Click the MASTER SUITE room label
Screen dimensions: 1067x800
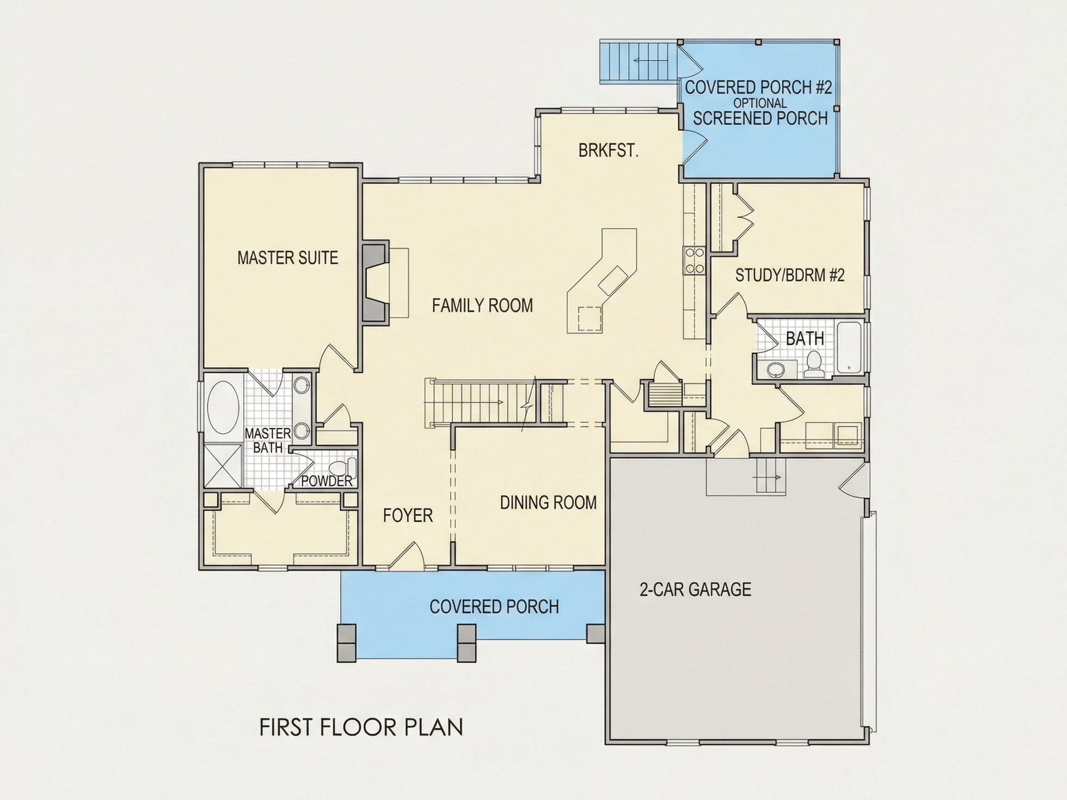(x=288, y=258)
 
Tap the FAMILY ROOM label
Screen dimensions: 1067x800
(x=483, y=306)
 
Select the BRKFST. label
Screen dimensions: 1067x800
(x=608, y=151)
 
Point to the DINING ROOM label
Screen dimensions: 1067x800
(x=548, y=503)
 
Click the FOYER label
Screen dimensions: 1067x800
(x=408, y=516)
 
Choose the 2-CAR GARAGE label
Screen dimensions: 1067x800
(x=695, y=589)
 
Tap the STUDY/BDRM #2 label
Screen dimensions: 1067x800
(x=790, y=275)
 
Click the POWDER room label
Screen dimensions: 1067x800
(x=327, y=481)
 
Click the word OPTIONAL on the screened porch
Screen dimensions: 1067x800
(x=760, y=103)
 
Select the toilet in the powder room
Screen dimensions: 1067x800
(x=342, y=468)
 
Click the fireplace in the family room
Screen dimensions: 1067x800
(x=376, y=282)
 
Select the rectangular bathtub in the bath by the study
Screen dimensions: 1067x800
(x=850, y=347)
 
